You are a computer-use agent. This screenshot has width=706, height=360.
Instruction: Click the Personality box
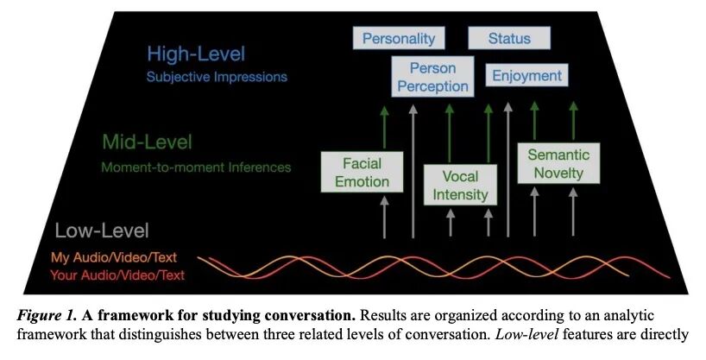(x=399, y=39)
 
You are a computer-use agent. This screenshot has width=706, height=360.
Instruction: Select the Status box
(x=509, y=39)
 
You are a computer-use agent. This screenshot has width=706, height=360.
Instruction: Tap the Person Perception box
(x=432, y=76)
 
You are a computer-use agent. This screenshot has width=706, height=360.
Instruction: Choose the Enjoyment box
(x=526, y=76)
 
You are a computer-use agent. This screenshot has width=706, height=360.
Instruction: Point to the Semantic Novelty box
(x=558, y=164)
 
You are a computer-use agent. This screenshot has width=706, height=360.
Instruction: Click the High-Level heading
(x=196, y=54)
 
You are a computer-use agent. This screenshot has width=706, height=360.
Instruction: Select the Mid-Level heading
(x=148, y=141)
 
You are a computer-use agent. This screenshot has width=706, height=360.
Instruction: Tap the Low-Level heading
(x=102, y=231)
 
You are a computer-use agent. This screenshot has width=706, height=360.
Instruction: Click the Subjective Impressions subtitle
(x=217, y=77)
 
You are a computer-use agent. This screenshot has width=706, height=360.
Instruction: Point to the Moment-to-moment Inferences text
(x=197, y=166)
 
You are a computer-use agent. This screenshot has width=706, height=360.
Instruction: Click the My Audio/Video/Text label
(x=117, y=257)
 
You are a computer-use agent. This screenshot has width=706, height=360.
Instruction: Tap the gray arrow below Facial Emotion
(x=384, y=216)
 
